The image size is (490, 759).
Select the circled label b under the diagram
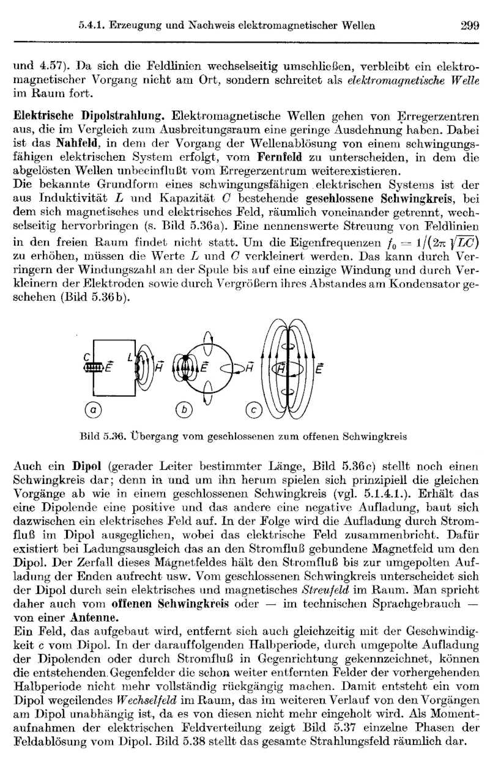pyautogui.click(x=182, y=411)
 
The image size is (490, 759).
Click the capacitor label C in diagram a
pyautogui.click(x=87, y=357)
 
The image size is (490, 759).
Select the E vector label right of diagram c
pyautogui.click(x=319, y=369)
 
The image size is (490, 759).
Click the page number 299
pyautogui.click(x=469, y=26)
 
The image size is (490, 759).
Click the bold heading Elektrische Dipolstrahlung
pyautogui.click(x=89, y=115)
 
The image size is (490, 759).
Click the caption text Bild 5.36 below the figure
pyautogui.click(x=103, y=437)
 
